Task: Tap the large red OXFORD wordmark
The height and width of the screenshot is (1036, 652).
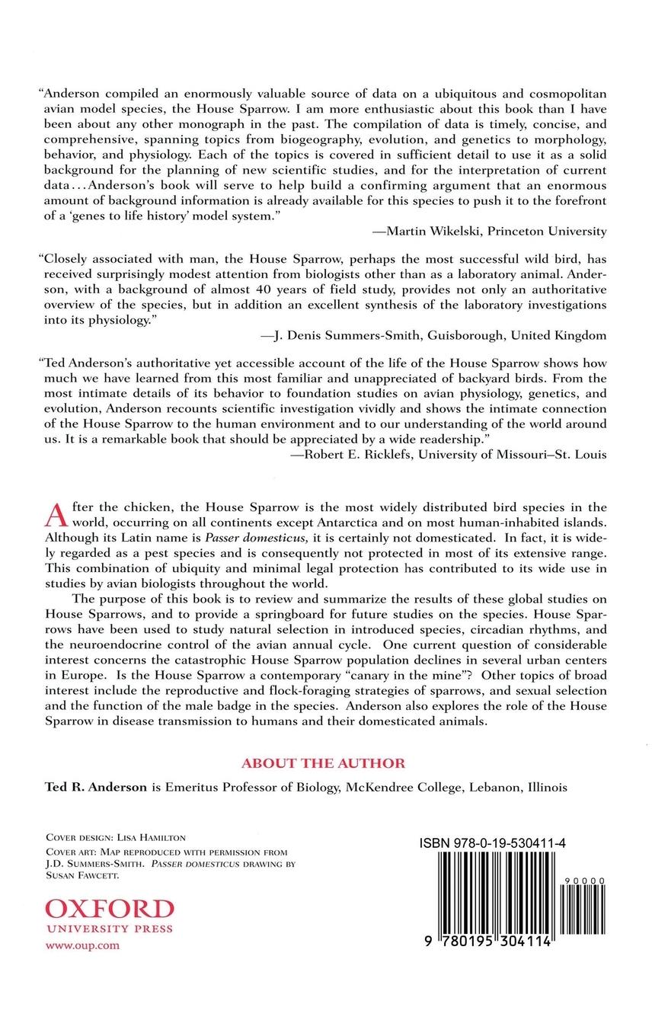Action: [x=110, y=909]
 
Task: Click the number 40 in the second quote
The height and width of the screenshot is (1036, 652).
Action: [x=251, y=290]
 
